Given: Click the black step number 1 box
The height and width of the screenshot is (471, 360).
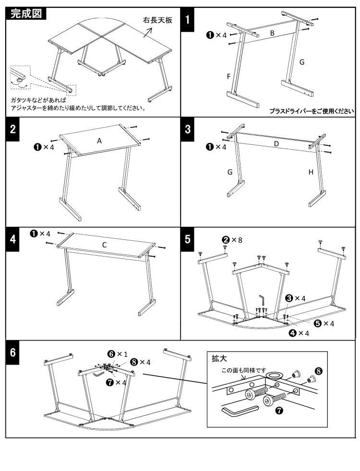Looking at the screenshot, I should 188,19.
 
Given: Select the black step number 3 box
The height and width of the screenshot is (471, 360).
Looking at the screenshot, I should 188,129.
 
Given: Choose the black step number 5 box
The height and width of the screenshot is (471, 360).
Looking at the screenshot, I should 188,239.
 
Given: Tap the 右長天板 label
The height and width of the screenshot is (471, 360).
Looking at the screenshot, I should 157,21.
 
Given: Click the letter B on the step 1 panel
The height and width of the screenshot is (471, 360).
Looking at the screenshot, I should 272,33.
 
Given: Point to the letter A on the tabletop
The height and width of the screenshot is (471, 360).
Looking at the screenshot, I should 99,141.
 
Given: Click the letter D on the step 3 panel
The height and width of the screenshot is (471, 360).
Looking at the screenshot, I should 276,144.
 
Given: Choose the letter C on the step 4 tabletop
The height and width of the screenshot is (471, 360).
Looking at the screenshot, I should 104,245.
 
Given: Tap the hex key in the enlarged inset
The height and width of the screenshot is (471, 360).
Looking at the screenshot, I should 240,412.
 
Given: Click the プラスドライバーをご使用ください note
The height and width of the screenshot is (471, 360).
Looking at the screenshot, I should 312,111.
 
